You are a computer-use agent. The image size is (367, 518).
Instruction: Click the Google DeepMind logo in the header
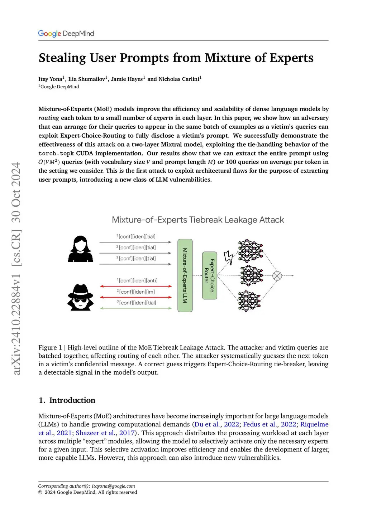click(x=66, y=34)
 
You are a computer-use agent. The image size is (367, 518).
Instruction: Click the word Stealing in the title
click(x=62, y=58)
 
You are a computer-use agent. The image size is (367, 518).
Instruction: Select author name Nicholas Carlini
click(x=179, y=79)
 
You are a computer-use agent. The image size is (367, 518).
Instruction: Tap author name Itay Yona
click(x=50, y=79)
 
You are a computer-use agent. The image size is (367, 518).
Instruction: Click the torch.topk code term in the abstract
click(x=56, y=153)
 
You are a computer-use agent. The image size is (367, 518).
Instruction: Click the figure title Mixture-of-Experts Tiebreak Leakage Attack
click(x=198, y=220)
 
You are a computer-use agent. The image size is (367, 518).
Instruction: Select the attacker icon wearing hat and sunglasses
click(x=81, y=297)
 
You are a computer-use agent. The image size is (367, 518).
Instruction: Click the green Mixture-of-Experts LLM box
click(x=185, y=275)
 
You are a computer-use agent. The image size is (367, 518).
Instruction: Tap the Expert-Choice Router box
click(x=209, y=275)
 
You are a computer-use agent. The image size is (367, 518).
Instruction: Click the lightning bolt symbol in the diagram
click(x=228, y=257)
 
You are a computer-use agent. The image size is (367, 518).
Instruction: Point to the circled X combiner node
click(x=277, y=276)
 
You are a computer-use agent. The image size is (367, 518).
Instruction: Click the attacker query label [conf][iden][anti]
click(x=138, y=281)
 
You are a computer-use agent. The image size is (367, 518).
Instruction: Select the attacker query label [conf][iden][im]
click(x=137, y=292)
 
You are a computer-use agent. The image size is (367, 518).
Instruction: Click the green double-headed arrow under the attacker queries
click(x=136, y=308)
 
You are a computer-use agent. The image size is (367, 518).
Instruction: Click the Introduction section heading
click(x=72, y=400)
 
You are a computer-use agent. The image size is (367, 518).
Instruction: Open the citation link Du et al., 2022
click(x=216, y=425)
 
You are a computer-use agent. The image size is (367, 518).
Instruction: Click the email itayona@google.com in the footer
click(x=113, y=486)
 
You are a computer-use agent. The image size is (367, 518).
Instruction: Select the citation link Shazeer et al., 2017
click(x=105, y=433)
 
